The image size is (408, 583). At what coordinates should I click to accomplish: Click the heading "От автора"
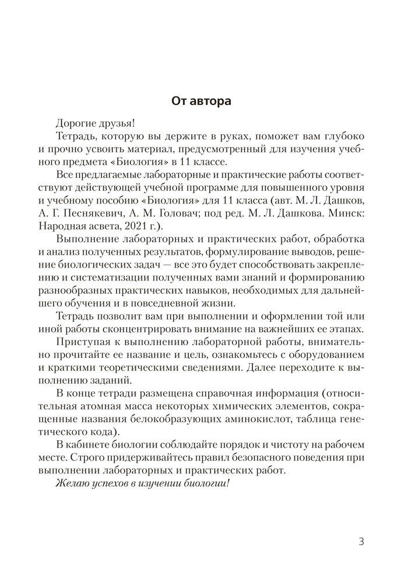tap(201, 101)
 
